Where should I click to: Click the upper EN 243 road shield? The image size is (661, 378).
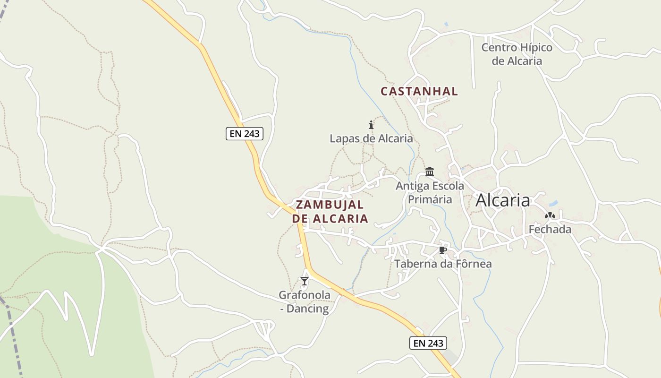click(244, 134)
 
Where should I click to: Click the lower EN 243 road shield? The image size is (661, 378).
click(428, 343)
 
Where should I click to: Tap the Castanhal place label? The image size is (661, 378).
click(419, 91)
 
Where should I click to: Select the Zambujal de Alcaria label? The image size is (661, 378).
click(330, 211)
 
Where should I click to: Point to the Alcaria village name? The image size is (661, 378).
click(502, 200)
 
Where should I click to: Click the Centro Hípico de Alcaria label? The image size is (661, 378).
click(517, 54)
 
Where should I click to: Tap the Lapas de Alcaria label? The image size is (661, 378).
click(371, 138)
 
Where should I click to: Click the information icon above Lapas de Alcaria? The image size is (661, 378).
click(371, 125)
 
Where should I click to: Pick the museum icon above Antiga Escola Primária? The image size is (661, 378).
click(430, 172)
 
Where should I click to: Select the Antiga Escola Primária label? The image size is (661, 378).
click(430, 192)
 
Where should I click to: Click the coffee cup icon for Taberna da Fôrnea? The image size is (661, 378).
click(442, 250)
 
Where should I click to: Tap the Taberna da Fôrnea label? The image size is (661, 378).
click(443, 264)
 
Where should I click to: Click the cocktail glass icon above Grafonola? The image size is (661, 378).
click(305, 281)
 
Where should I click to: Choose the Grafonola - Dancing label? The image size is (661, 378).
click(305, 302)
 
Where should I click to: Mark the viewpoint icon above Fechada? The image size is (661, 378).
click(550, 216)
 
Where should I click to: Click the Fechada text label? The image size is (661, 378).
click(550, 230)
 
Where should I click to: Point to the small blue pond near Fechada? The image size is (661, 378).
click(553, 204)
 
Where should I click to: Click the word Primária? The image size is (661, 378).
click(430, 199)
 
